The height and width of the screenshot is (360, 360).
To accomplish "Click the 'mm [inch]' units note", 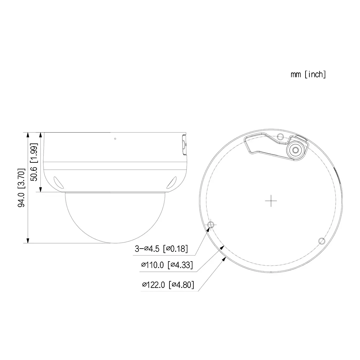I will pyautogui.click(x=308, y=75).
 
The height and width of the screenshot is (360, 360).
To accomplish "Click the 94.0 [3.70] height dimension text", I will pyautogui.click(x=21, y=188).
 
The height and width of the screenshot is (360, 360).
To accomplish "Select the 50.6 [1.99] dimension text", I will pyautogui.click(x=34, y=162).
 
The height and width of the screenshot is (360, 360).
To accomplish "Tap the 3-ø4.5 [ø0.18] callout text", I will pyautogui.click(x=161, y=249).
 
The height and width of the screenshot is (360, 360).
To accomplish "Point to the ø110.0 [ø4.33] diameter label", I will pyautogui.click(x=167, y=265).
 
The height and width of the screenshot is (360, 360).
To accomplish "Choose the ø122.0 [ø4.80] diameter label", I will pyautogui.click(x=168, y=285).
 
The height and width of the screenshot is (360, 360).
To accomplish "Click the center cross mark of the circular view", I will pyautogui.click(x=271, y=201).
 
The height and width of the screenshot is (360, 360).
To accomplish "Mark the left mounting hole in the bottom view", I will pyautogui.click(x=211, y=225).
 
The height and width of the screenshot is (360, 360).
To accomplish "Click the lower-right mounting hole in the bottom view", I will pyautogui.click(x=321, y=240).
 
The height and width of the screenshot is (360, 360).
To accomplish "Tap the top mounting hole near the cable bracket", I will pyautogui.click(x=280, y=137).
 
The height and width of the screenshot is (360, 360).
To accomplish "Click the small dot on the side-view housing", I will pyautogui.click(x=115, y=139).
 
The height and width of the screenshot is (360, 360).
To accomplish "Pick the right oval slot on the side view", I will pyautogui.click(x=172, y=182).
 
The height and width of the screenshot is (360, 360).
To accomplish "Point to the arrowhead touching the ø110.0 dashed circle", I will pyautogui.click(x=222, y=247).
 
